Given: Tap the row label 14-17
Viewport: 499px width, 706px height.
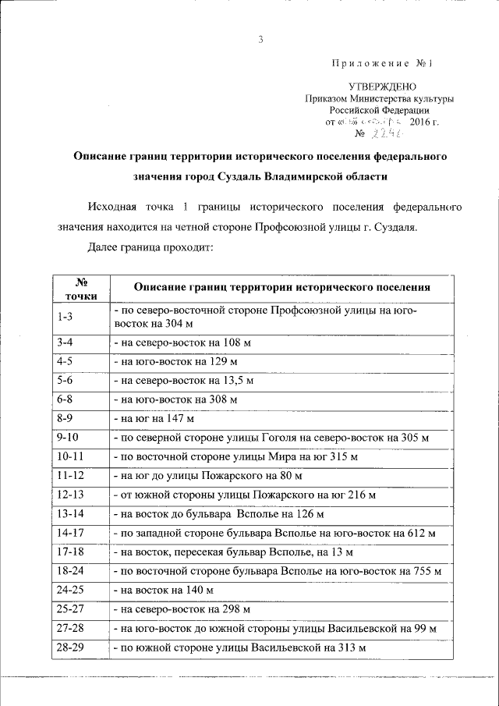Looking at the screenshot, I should click(x=70, y=533).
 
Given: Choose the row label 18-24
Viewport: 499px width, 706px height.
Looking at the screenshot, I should click(x=70, y=571).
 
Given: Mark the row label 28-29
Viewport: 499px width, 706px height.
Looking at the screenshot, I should click(x=70, y=647).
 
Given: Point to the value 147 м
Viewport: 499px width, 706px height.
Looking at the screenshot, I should click(x=187, y=419).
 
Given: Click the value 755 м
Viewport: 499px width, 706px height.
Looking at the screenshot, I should click(x=425, y=571).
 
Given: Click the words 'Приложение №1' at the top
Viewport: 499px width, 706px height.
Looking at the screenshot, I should click(x=387, y=63).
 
